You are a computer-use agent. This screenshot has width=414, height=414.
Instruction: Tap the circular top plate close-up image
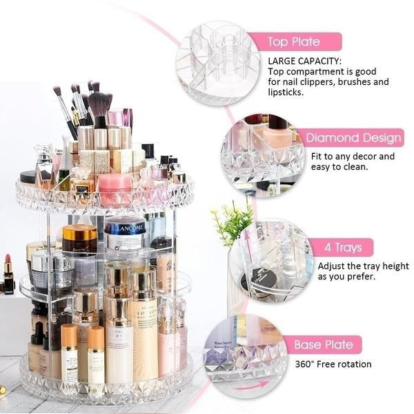click(217, 62)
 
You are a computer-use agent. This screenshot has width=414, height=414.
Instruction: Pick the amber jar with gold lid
click(79, 238)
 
